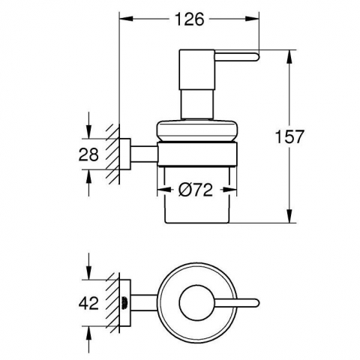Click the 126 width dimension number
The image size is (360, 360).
pos(189,19)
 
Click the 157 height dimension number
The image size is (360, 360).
pos(289,136)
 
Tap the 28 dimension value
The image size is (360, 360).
pos(88,154)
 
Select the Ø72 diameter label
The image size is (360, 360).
pos(196,190)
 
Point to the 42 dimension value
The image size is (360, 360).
pos(88,303)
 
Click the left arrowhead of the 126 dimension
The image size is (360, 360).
pos(126,19)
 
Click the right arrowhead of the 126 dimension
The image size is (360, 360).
pos(252,19)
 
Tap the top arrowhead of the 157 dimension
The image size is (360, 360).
pos(289,56)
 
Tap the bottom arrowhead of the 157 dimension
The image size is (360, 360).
pos(289,216)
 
